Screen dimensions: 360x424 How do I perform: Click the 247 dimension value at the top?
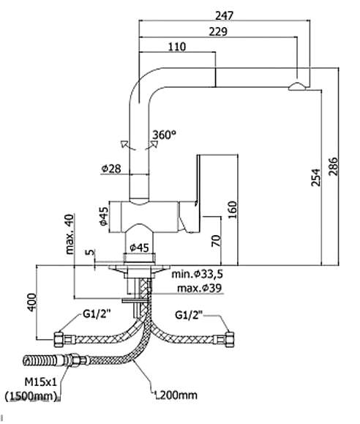(224, 15)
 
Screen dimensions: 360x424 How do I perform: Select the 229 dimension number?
(218, 31)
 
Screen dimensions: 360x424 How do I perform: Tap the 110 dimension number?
(177, 47)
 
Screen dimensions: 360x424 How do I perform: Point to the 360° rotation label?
(165, 135)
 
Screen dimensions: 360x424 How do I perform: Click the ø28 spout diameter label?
(111, 168)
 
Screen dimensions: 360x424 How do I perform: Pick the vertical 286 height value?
(333, 166)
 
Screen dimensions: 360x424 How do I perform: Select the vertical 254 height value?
(315, 177)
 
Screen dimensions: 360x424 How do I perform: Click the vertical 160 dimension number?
(232, 210)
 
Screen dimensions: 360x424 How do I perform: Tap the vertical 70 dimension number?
(216, 241)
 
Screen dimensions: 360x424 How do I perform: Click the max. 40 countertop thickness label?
(70, 234)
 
